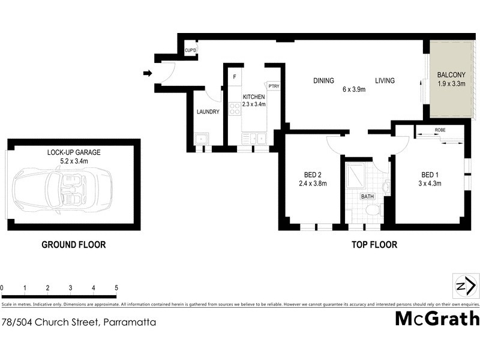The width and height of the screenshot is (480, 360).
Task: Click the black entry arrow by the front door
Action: point(147,74)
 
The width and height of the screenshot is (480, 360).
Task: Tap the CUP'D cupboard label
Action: point(190,50)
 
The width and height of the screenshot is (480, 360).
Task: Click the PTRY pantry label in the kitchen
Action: point(274,86)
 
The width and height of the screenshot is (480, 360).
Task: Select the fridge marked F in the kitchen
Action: point(235,77)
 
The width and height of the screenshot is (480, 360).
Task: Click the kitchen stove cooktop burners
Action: point(234,108)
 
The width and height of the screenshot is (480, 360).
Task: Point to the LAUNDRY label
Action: point(208,112)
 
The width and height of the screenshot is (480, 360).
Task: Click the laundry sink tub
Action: point(200,140)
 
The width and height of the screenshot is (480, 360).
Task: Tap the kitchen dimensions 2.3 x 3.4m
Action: point(254,104)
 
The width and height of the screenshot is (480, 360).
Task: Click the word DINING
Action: point(323,81)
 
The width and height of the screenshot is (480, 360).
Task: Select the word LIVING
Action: point(385,81)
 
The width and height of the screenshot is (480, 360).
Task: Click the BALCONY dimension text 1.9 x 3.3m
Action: point(451,84)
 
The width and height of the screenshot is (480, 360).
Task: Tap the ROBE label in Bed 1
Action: point(440,129)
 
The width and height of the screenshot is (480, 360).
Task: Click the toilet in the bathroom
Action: point(373,211)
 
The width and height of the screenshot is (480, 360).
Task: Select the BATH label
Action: point(367,196)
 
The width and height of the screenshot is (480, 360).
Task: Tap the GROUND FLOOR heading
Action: point(73,244)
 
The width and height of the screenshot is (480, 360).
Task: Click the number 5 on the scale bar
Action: point(116,288)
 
